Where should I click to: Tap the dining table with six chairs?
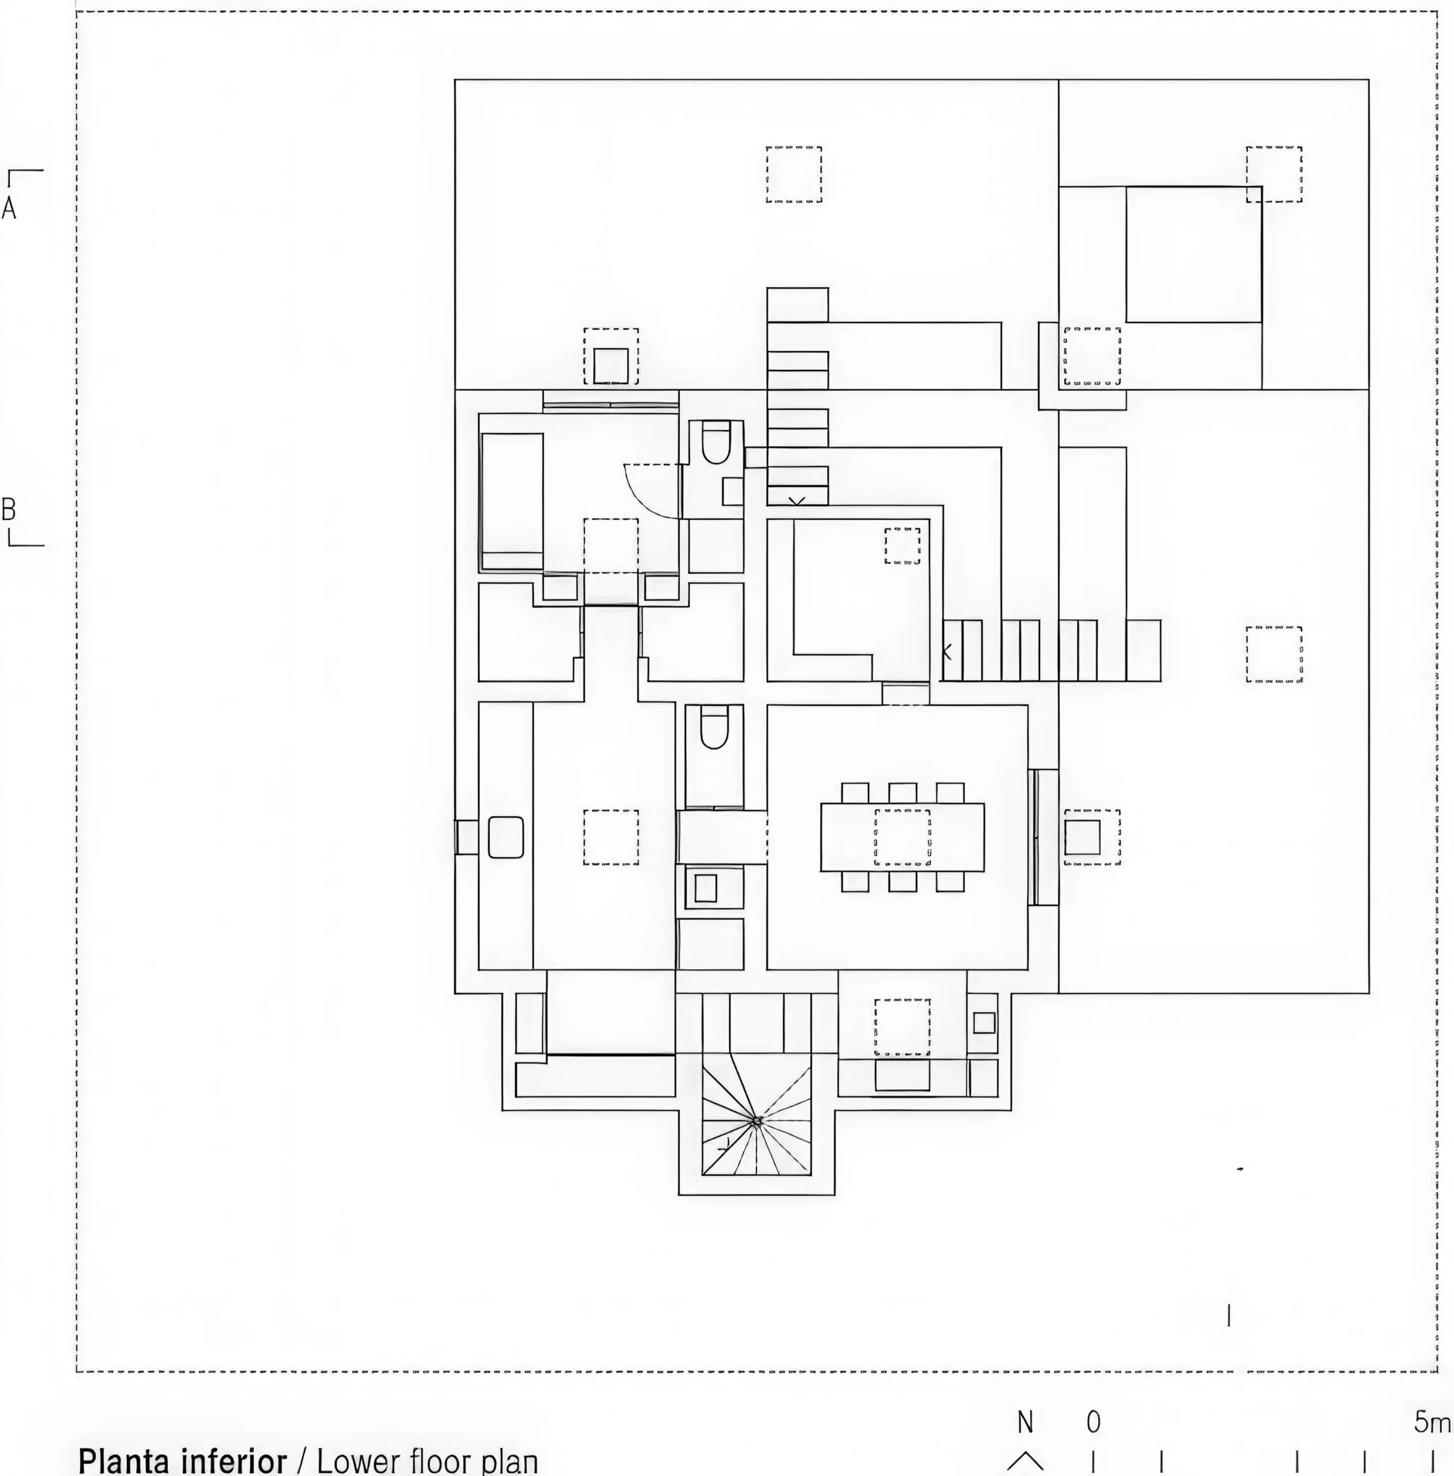pos(902,837)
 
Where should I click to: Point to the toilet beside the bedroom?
pos(716,443)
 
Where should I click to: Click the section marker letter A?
pos(9,208)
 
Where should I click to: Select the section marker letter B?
pos(9,509)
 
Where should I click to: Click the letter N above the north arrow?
pos(1025,1422)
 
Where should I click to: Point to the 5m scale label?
pos(1431,1422)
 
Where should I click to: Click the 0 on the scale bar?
pos(1094,1422)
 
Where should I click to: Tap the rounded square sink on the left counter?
pos(506,837)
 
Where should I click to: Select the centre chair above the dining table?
pos(903,793)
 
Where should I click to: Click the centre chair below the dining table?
pos(903,881)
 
